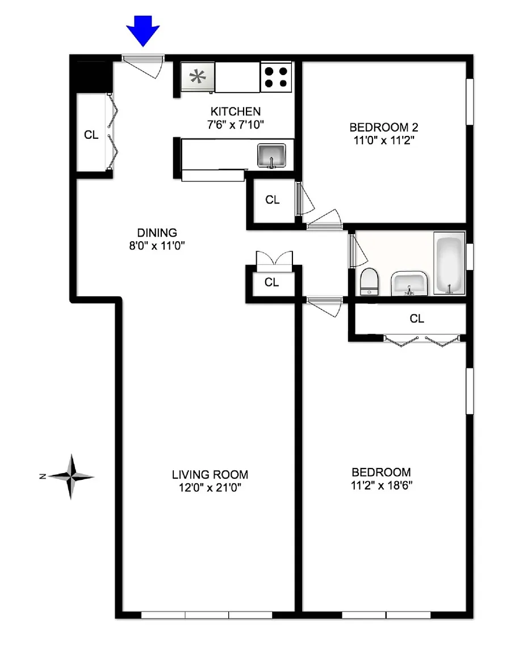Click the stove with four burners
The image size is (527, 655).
pyautogui.click(x=276, y=77)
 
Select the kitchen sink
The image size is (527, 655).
pyautogui.click(x=271, y=156)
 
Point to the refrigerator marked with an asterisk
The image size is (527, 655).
pyautogui.click(x=198, y=77)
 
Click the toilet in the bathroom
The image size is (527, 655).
pyautogui.click(x=369, y=281)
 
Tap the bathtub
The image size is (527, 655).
pyautogui.click(x=449, y=263)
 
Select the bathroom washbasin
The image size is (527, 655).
pyautogui.click(x=409, y=283)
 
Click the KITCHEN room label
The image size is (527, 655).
pyautogui.click(x=235, y=111)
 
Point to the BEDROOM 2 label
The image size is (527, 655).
pyautogui.click(x=384, y=127)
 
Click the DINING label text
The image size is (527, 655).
pyautogui.click(x=157, y=233)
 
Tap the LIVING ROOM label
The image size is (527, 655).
pyautogui.click(x=210, y=475)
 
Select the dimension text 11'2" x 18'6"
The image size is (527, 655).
pyautogui.click(x=382, y=486)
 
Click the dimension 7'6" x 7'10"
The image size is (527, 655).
pyautogui.click(x=235, y=125)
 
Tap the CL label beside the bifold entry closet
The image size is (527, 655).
pyautogui.click(x=91, y=135)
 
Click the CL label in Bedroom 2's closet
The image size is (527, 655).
pyautogui.click(x=272, y=200)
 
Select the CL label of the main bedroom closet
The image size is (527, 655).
pyautogui.click(x=417, y=319)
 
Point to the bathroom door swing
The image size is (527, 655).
pyautogui.click(x=358, y=251)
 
